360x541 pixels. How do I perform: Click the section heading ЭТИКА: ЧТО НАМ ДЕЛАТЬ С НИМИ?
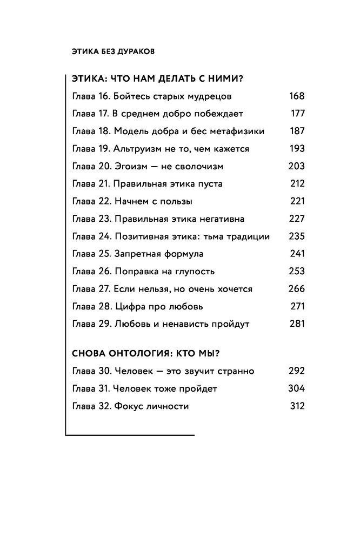pyautogui.click(x=157, y=79)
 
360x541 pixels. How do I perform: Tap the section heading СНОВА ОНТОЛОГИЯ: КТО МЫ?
pyautogui.click(x=149, y=354)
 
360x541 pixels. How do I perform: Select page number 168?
pyautogui.click(x=297, y=96)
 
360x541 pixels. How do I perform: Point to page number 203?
pyautogui.click(x=297, y=166)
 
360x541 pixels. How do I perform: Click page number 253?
pyautogui.click(x=297, y=271)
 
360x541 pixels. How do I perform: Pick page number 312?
pyautogui.click(x=297, y=406)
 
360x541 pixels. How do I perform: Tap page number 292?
pyautogui.click(x=297, y=371)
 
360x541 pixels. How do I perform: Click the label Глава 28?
pyautogui.click(x=90, y=306)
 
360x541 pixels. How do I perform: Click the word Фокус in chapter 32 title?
pyautogui.click(x=129, y=406)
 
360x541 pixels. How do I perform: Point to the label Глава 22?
pyautogui.click(x=90, y=201)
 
